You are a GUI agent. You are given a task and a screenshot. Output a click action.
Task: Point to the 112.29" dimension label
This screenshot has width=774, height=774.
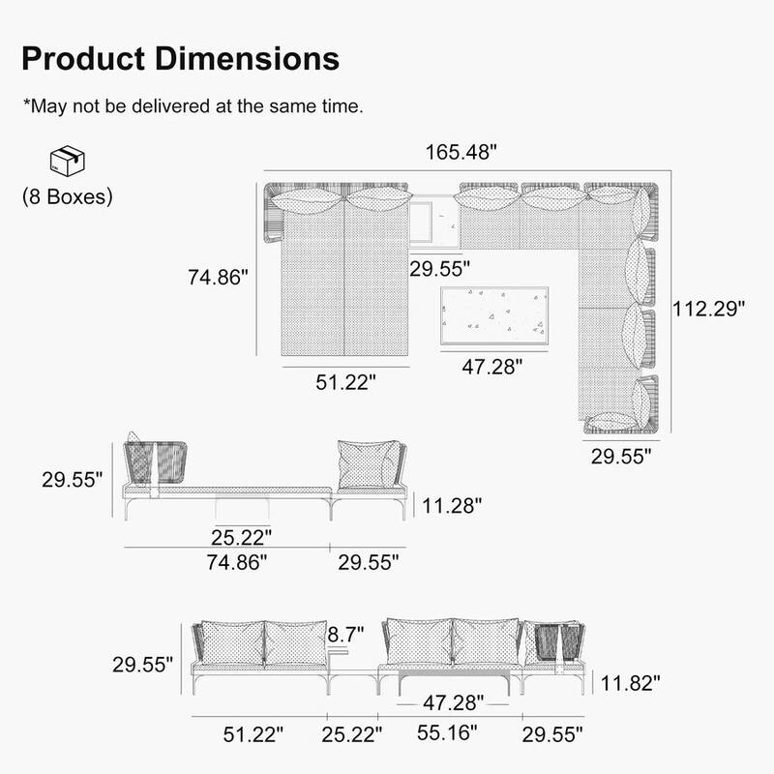[710, 310]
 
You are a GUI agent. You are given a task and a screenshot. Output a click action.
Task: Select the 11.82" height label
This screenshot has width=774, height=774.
[629, 683]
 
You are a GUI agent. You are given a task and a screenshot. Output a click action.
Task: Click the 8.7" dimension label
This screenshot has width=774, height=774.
[345, 636]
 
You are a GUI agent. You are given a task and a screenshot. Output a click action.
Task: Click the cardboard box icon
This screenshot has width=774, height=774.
[67, 162]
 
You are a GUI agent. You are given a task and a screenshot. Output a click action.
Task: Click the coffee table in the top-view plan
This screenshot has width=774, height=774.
[494, 313]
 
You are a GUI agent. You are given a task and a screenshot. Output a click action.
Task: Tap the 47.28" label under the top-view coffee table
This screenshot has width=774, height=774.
[491, 367]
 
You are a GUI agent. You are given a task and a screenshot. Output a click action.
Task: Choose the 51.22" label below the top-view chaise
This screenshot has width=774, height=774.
[344, 382]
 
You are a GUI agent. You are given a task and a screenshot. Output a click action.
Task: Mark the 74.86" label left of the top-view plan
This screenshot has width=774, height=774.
[219, 277]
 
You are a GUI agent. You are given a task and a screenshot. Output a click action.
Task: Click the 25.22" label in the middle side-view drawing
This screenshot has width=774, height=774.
[242, 535]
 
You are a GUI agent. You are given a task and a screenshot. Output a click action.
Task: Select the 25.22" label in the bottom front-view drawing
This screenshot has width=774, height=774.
[349, 733]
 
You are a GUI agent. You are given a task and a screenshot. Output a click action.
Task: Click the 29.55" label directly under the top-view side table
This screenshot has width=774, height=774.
[439, 268]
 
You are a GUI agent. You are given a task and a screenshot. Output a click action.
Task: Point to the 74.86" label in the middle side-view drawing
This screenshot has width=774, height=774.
[234, 562]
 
